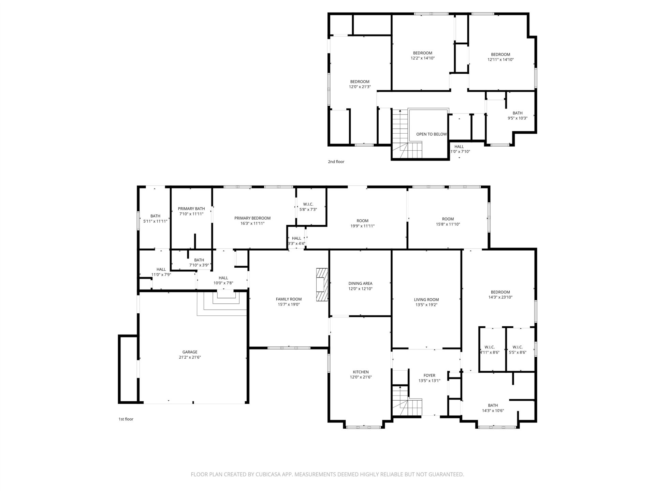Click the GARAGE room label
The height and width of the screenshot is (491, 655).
(x=190, y=352)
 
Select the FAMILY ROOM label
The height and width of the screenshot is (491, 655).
(x=289, y=299)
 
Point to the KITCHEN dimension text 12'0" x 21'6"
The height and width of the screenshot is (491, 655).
(x=361, y=377)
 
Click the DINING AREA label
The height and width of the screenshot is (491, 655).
(x=360, y=284)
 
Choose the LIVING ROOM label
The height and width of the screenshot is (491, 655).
(x=426, y=300)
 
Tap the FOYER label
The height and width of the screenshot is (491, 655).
(x=429, y=376)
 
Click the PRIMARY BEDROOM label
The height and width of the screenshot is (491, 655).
(x=252, y=218)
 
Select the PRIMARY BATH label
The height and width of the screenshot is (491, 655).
(x=191, y=209)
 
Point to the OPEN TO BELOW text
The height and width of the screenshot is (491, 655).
(x=431, y=134)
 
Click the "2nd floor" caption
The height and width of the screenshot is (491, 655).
(x=336, y=162)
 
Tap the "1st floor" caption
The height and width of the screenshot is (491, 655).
(x=126, y=419)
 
